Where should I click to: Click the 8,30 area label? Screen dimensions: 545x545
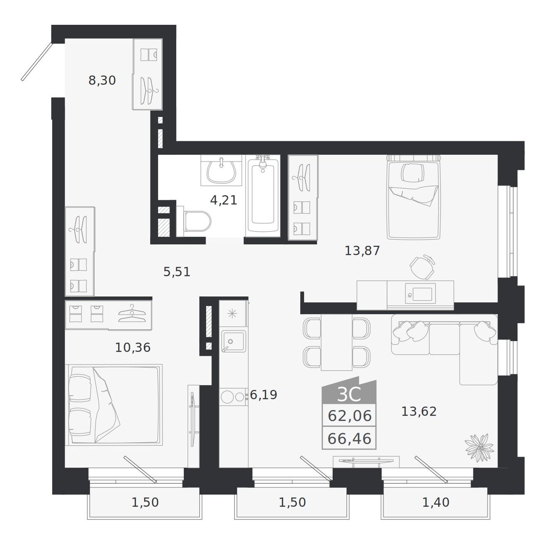click(x=102, y=81)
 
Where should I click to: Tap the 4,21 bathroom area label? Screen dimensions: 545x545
click(x=223, y=201)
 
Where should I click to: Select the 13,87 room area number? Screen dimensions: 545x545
click(x=362, y=251)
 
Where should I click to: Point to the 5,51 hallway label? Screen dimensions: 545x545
click(x=177, y=272)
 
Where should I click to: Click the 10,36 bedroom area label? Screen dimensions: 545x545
click(x=132, y=348)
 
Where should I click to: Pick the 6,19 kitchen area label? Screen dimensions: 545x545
click(x=263, y=395)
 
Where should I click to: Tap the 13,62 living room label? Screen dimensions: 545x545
click(x=419, y=412)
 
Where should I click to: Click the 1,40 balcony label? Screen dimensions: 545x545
click(x=436, y=502)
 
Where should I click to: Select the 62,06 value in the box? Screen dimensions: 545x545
click(x=349, y=416)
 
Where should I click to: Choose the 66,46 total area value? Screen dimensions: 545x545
click(x=349, y=439)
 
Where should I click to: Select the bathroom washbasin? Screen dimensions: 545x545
click(x=222, y=171)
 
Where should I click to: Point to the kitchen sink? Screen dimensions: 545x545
click(x=233, y=341)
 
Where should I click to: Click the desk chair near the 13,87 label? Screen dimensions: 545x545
click(x=422, y=267)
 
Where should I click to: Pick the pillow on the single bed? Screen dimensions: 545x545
click(x=413, y=173)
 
